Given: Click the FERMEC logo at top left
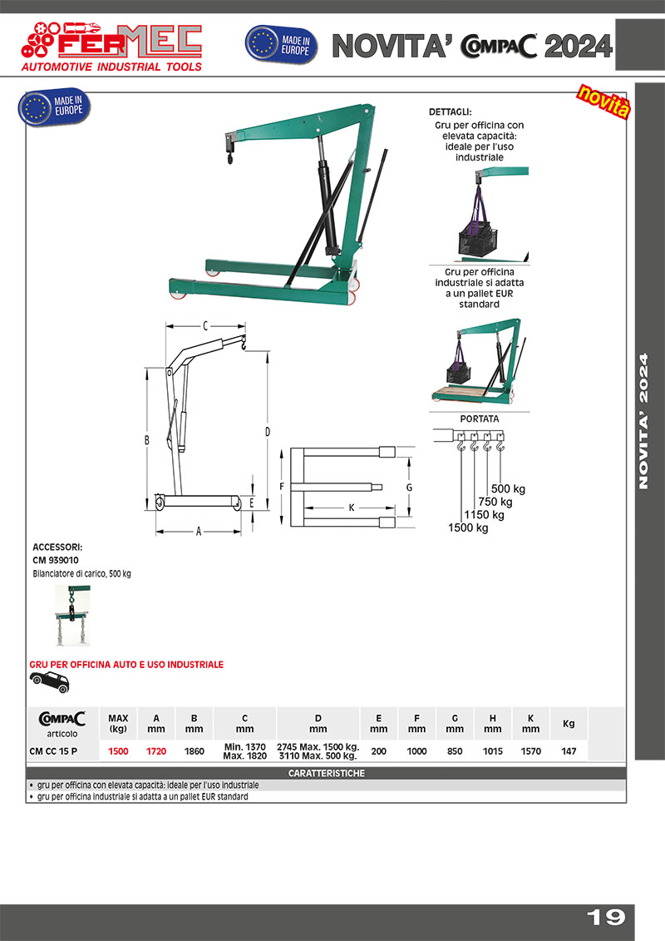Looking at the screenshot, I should click(x=111, y=45).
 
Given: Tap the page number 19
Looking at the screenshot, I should click(x=606, y=917).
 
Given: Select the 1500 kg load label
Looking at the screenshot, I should click(x=468, y=527).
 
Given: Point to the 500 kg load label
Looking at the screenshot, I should click(x=509, y=488).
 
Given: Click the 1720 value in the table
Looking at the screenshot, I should click(x=156, y=751).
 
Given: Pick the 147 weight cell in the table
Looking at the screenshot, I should click(x=569, y=751).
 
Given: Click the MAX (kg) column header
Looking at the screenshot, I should click(x=118, y=723).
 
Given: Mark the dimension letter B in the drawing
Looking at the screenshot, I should click(x=145, y=438).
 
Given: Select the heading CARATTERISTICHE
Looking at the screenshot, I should click(x=326, y=774).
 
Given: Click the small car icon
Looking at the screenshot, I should click(x=49, y=681).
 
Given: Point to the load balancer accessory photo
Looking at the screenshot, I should click(x=72, y=616).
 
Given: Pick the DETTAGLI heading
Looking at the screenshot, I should click(x=450, y=111).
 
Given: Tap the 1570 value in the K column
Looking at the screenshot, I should click(x=530, y=751).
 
